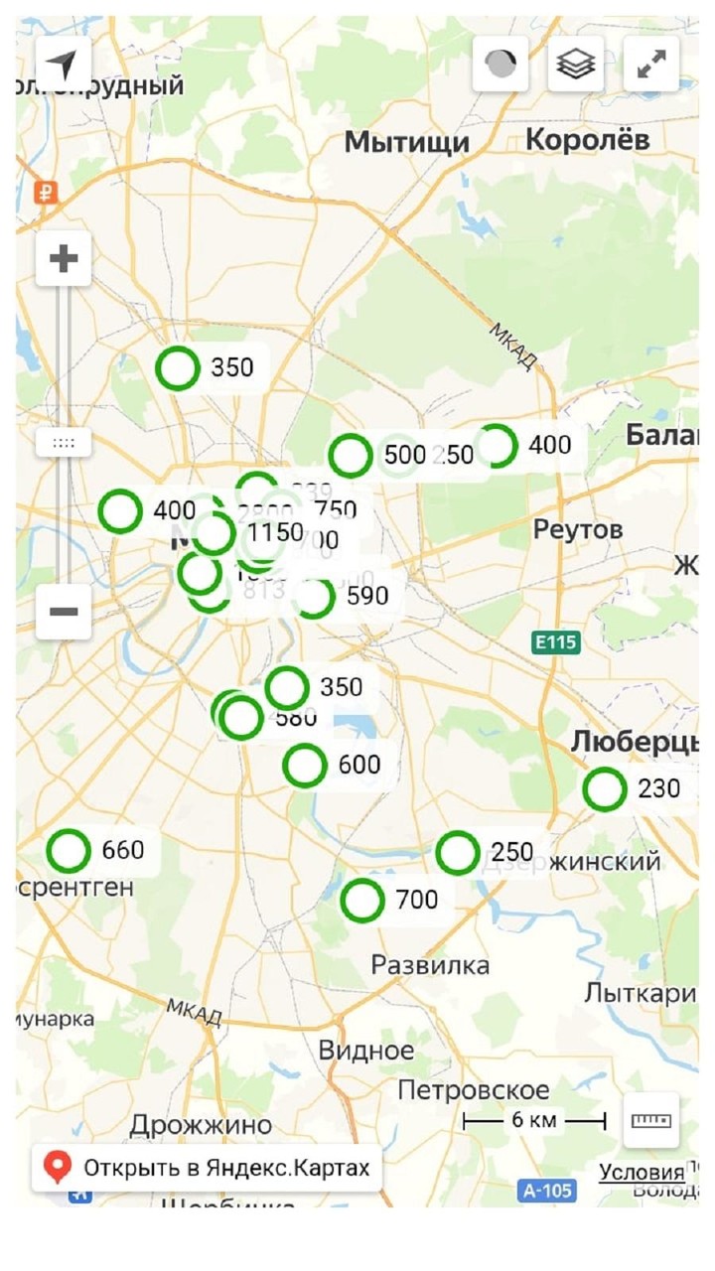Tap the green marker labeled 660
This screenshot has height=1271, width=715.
point(69,850)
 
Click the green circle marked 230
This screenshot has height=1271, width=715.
point(604,789)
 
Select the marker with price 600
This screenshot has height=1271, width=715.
point(304,766)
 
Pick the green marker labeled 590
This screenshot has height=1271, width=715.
point(314,597)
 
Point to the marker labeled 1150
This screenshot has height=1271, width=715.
point(214,533)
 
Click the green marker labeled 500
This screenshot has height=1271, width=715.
point(351,456)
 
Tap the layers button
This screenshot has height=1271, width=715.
point(576,65)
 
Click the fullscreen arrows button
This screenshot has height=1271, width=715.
point(651,65)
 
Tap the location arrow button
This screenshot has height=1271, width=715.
point(64,65)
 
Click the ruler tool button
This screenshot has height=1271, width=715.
point(651,1120)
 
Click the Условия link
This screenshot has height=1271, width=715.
point(642,1172)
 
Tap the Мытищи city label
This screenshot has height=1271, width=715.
point(407,143)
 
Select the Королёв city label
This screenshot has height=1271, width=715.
point(587,140)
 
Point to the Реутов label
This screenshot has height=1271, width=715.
point(578,529)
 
